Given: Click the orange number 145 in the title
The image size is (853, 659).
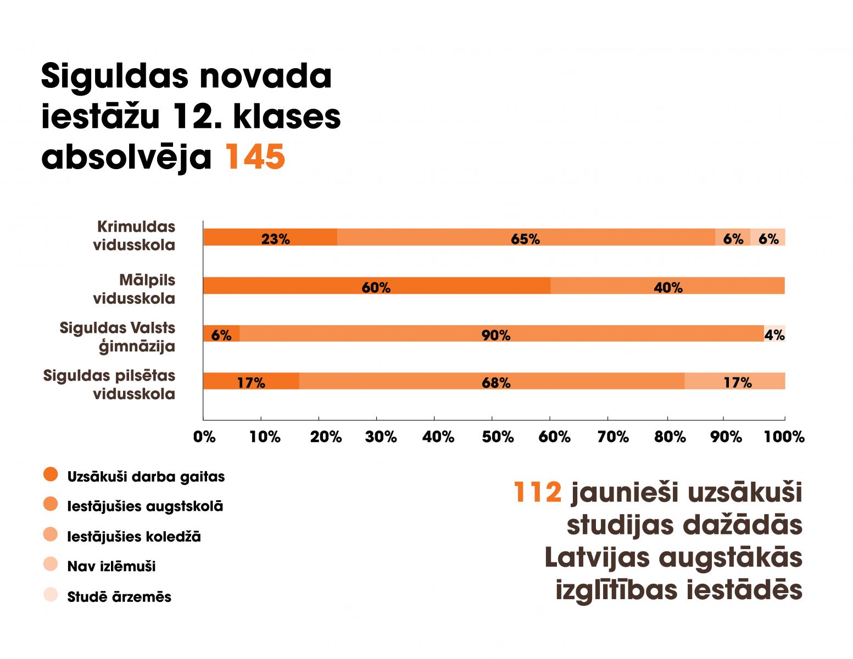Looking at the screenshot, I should click(x=255, y=157).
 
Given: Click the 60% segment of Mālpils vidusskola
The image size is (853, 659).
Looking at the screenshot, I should click(x=376, y=286).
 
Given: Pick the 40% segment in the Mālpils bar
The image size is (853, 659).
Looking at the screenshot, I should click(x=668, y=286).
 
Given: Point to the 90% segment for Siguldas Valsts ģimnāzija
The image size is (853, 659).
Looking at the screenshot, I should click(x=496, y=334).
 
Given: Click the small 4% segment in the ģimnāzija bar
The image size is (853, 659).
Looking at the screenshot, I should click(x=774, y=334).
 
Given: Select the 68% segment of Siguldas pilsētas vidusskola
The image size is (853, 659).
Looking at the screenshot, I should click(x=496, y=382).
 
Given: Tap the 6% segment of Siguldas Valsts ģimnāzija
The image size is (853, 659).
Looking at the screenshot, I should click(x=221, y=334).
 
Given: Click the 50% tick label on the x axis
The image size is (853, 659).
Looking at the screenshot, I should click(x=498, y=437).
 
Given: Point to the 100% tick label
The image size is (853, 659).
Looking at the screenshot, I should click(x=784, y=437).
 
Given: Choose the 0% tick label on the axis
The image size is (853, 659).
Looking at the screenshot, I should click(x=204, y=437).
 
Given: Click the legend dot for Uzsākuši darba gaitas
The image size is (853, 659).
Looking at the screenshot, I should click(x=51, y=475).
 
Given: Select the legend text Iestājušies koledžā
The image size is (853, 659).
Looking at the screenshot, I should click(x=134, y=537).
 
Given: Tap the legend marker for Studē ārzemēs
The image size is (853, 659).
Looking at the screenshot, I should click(x=51, y=595).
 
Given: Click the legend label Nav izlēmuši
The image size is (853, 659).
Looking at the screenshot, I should click(x=111, y=566).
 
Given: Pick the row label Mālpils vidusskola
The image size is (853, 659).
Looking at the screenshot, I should click(x=134, y=289).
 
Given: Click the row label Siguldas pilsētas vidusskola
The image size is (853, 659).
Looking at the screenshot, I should click(x=109, y=384).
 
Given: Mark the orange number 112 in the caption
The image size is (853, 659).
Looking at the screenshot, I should click(x=537, y=492).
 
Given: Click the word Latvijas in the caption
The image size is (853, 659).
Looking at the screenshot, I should click(x=597, y=558).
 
